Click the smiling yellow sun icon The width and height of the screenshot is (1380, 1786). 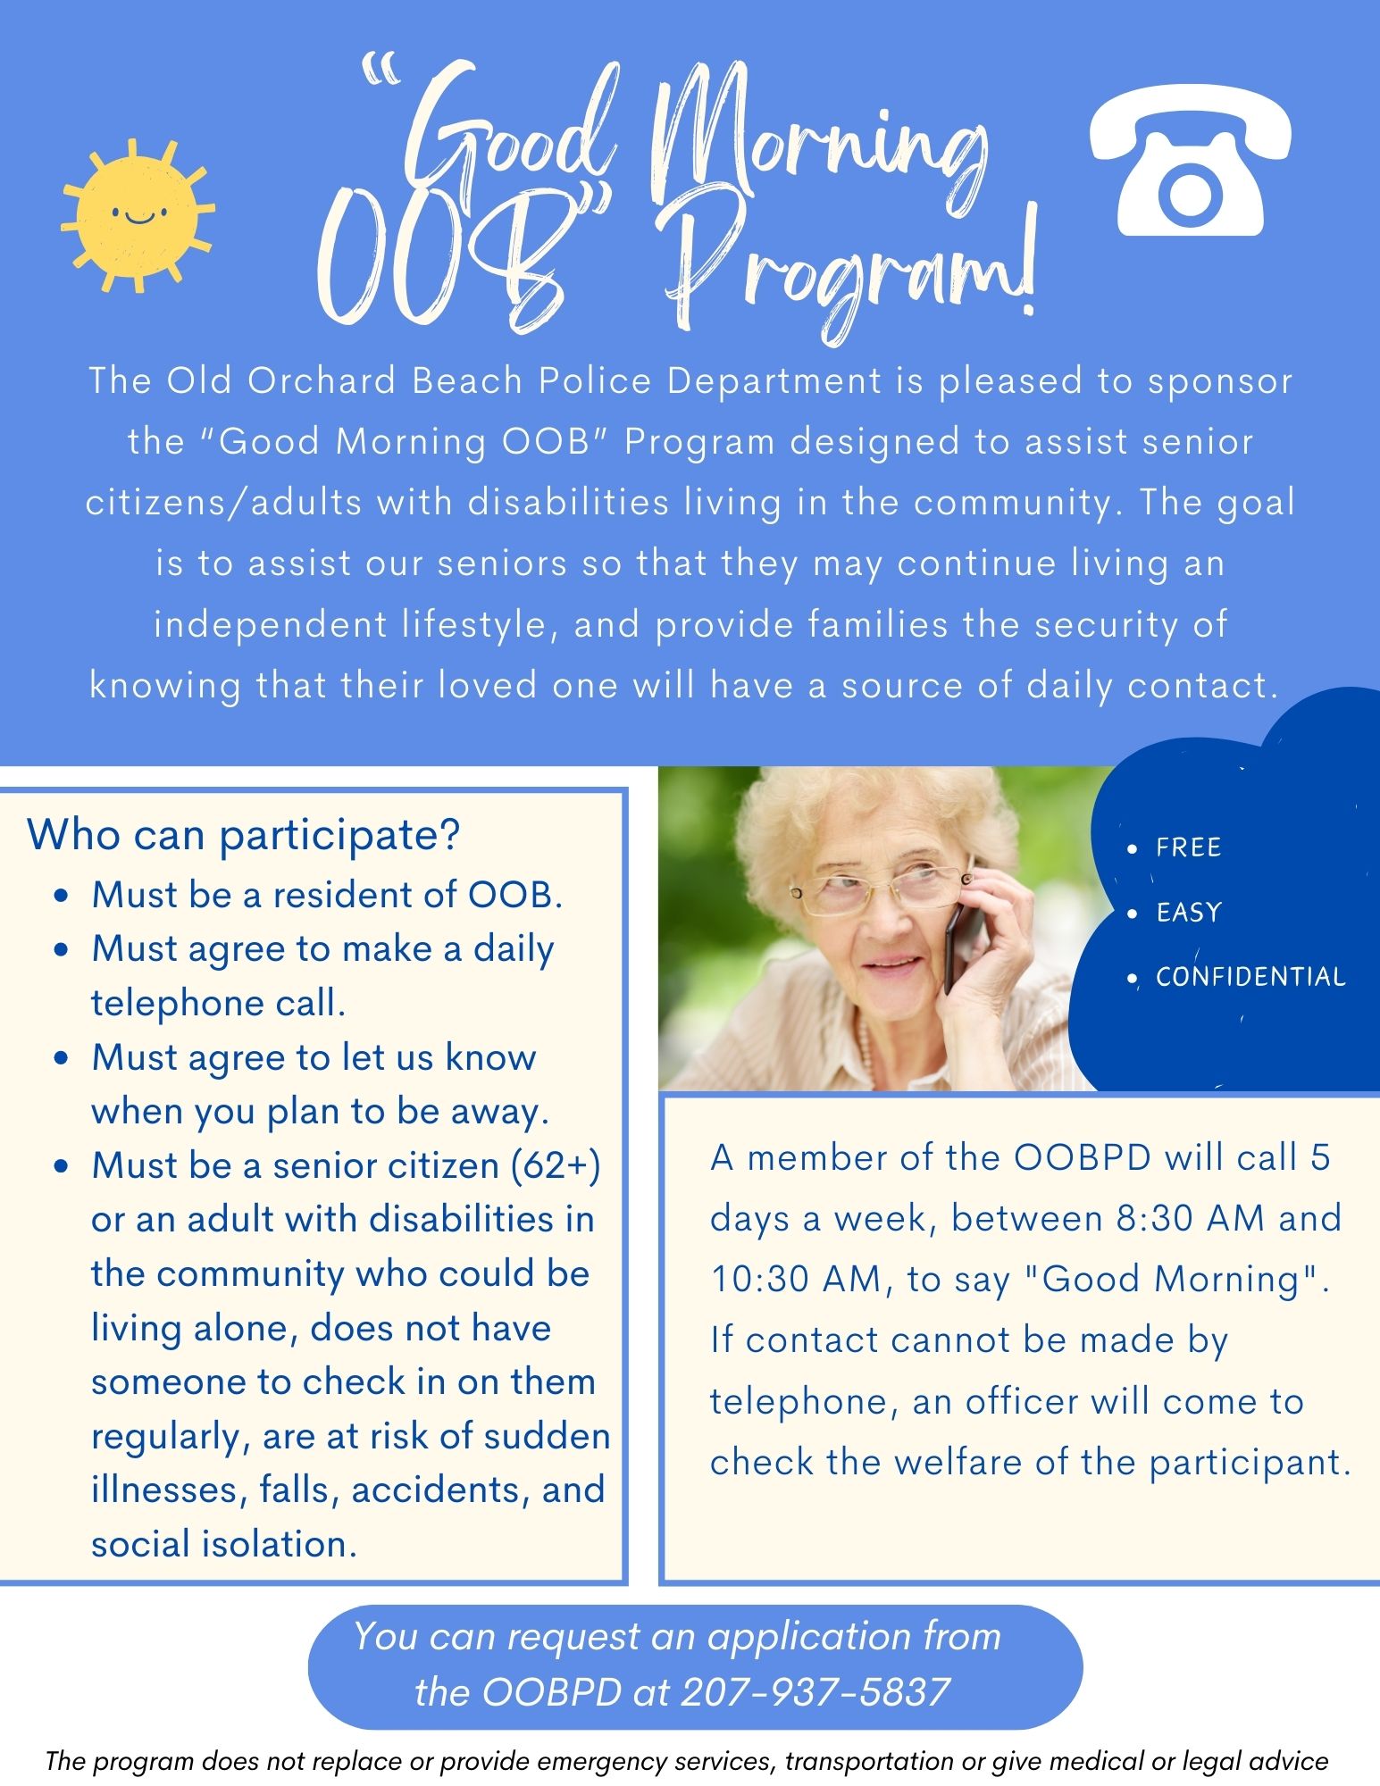[x=138, y=216]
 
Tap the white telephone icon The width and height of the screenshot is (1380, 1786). [x=1190, y=161]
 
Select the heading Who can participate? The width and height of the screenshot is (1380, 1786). [x=243, y=835]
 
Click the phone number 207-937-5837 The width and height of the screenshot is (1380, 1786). [x=815, y=1691]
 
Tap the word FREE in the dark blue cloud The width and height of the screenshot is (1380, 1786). [x=1188, y=847]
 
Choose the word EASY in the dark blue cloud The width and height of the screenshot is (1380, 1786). [x=1188, y=912]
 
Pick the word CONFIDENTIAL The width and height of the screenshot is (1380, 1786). [x=1250, y=977]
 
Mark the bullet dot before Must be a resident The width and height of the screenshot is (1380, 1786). [x=62, y=896]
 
